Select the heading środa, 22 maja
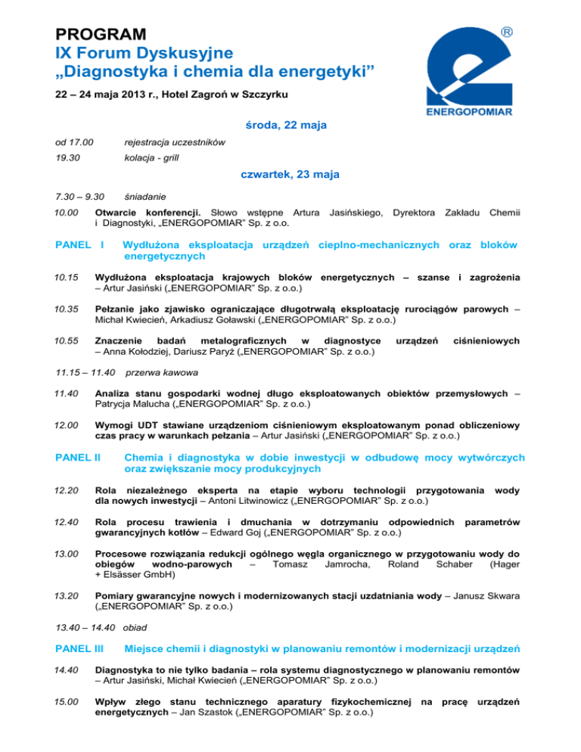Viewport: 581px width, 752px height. pos(290,125)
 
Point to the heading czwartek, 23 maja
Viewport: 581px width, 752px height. pos(290,175)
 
